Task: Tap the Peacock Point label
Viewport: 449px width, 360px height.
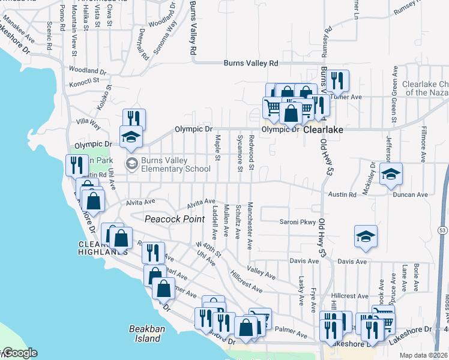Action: pyautogui.click(x=175, y=219)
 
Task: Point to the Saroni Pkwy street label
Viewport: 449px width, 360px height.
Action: pyautogui.click(x=298, y=222)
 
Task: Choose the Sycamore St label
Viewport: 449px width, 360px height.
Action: pyautogui.click(x=240, y=153)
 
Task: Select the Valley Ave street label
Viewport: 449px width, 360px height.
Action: pyautogui.click(x=261, y=272)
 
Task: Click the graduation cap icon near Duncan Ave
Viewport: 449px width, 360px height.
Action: pyautogui.click(x=391, y=174)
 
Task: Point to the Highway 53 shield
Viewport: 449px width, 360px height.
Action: pyautogui.click(x=442, y=230)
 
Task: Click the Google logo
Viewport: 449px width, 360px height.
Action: pyautogui.click(x=19, y=353)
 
